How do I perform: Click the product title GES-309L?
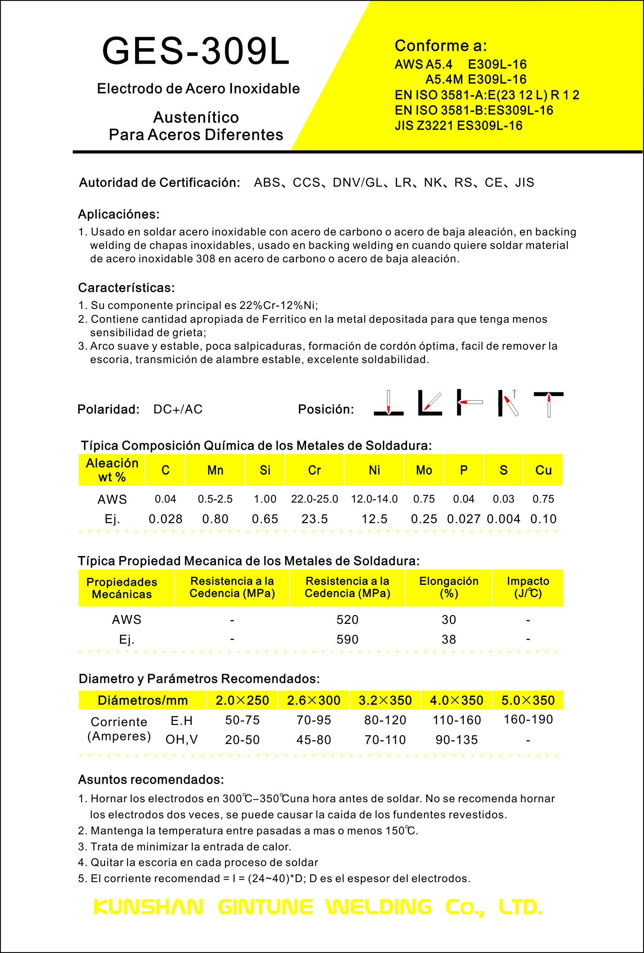tap(196, 51)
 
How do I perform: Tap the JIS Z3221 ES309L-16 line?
tap(458, 125)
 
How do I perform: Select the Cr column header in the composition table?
tap(315, 470)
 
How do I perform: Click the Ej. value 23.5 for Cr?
tap(315, 519)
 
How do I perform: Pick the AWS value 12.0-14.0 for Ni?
tap(374, 499)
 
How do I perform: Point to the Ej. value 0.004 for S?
tap(503, 519)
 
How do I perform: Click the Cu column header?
tap(543, 470)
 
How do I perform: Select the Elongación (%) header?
tap(448, 587)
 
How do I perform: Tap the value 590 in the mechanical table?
tap(347, 639)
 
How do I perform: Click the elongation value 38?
tap(448, 639)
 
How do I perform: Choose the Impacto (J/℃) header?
tap(528, 587)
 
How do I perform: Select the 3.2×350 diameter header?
tap(385, 700)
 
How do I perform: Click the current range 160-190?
tap(528, 719)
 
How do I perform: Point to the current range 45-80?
tap(313, 740)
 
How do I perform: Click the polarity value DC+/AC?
tap(178, 409)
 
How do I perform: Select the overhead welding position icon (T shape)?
tap(548, 403)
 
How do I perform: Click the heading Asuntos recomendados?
tap(151, 779)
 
